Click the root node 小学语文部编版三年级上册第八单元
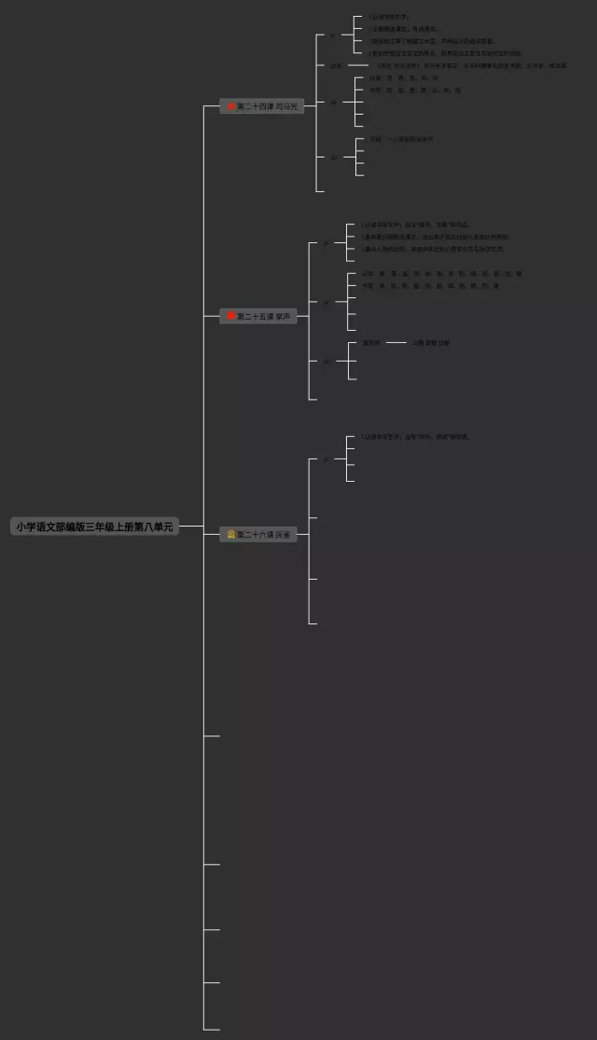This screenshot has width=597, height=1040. click(x=94, y=527)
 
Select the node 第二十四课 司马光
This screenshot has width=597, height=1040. click(x=262, y=106)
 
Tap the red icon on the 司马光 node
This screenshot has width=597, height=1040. click(x=230, y=106)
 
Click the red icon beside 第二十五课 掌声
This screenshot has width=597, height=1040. click(x=230, y=316)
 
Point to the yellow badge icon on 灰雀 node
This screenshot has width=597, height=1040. click(x=230, y=534)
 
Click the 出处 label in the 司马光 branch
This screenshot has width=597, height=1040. click(x=335, y=65)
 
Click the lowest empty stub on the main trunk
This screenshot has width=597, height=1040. click(x=212, y=1029)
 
